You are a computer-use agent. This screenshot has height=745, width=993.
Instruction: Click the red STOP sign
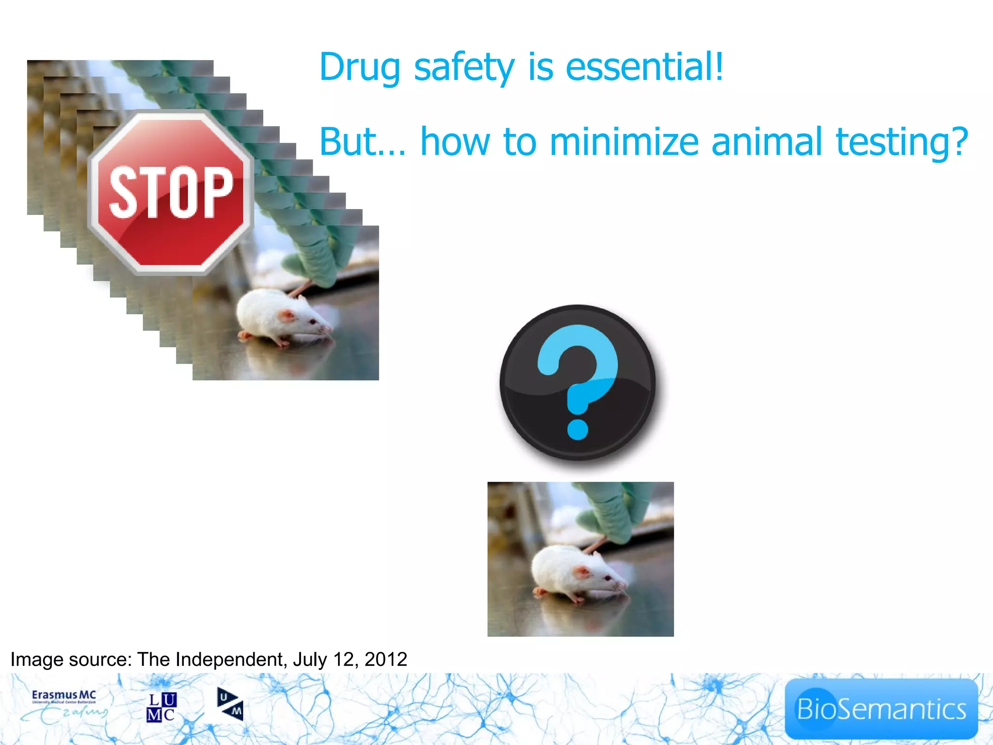tap(171, 193)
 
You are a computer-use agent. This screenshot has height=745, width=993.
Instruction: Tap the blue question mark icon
tap(577, 382)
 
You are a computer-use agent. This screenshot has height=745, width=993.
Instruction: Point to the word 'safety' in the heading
tap(464, 68)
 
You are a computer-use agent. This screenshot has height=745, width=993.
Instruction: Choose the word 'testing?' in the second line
tap(902, 143)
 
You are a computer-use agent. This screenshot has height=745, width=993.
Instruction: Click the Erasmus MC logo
tap(64, 706)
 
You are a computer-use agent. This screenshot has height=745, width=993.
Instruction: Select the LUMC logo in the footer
tap(161, 707)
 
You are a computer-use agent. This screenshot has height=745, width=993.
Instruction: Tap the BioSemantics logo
tap(881, 709)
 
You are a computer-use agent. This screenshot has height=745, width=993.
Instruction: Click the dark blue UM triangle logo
tap(230, 704)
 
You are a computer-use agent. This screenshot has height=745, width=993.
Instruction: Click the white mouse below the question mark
tap(577, 572)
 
